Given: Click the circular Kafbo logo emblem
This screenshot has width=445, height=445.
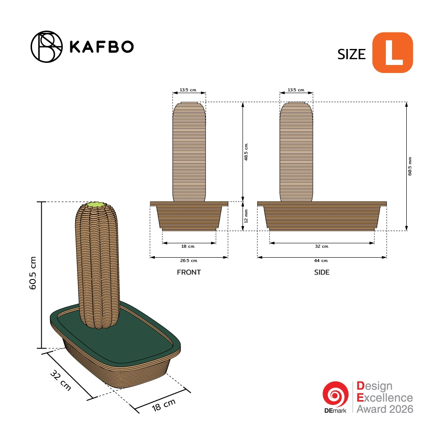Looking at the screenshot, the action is coord(47,47).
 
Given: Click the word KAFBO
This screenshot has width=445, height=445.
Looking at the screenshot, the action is coord(101,47).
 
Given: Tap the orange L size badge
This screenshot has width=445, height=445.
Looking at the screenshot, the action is coord(392,53).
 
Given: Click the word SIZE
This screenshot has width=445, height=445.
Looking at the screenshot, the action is coord(352,54).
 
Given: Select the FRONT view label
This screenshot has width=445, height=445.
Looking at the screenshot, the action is coord(189,272).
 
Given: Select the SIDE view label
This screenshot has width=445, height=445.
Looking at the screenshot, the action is coord(322,272).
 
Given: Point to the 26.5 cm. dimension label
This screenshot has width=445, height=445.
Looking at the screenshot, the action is coord(189,260).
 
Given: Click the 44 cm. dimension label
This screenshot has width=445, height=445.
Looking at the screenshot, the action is coord(321,260).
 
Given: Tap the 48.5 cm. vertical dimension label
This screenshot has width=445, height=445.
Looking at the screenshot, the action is coord(246,152).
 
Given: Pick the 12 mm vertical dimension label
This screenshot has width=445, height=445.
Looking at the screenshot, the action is coord(246,216).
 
